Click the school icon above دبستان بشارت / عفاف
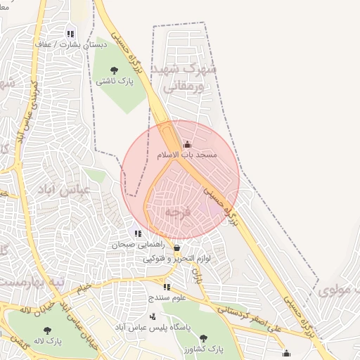[70, 33]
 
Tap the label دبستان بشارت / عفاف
[68, 44]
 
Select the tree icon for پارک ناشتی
[115, 70]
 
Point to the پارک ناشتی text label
[115, 81]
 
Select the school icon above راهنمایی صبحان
[139, 234]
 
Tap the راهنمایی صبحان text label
[138, 245]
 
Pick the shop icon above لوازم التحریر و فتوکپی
[176, 248]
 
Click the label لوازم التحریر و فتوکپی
[177, 259]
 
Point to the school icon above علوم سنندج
[167, 287]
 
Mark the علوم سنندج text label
[167, 297]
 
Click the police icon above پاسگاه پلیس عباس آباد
[152, 316]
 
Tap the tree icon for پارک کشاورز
[205, 337]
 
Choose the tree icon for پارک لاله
[47, 330]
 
